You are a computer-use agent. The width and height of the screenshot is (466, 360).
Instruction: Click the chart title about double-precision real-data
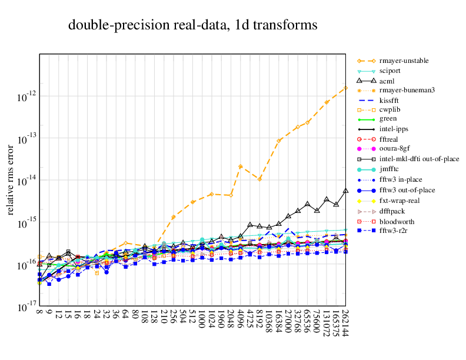[193, 25]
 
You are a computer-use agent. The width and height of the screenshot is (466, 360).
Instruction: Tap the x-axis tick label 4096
[241, 321]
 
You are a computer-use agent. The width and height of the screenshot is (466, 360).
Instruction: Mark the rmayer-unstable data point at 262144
[345, 88]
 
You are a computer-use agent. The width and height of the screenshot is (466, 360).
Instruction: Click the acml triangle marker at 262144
[345, 191]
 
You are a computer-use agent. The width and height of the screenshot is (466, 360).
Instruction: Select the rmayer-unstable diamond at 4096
[241, 166]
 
